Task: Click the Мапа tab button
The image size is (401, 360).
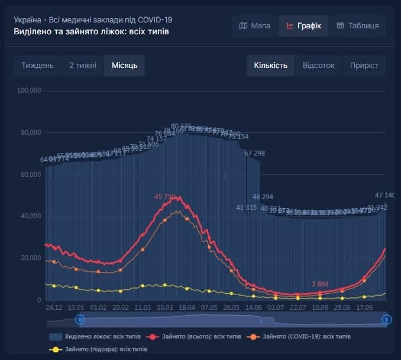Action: click(x=255, y=26)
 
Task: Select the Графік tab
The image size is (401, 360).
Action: click(x=303, y=26)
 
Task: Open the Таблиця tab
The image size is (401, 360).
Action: click(x=358, y=26)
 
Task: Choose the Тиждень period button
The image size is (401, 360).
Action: click(x=37, y=66)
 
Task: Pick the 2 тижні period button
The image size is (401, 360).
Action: click(x=82, y=66)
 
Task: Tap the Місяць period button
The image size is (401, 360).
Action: click(x=124, y=66)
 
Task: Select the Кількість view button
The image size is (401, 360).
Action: click(x=270, y=66)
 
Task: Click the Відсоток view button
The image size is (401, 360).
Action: click(x=318, y=66)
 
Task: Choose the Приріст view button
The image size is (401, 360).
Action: click(x=364, y=66)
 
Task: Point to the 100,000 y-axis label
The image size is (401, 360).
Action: click(x=28, y=91)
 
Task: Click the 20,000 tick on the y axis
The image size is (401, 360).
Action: click(x=30, y=258)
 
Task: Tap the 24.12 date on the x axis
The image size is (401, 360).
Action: click(x=54, y=308)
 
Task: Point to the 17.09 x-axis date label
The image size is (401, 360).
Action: click(x=364, y=308)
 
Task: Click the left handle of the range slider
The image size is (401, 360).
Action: click(x=80, y=320)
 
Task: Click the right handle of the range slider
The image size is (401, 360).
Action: click(x=386, y=320)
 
